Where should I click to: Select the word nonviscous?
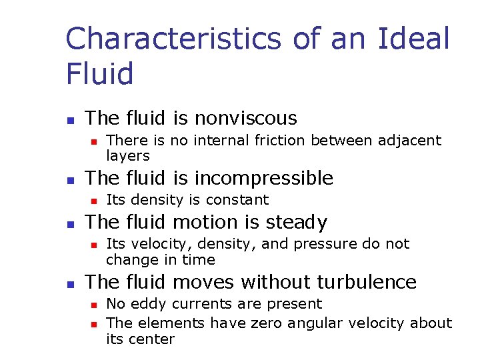[x=245, y=118]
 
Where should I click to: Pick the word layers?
[x=128, y=156]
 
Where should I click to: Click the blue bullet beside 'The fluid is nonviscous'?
[x=70, y=120]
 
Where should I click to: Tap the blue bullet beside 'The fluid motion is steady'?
[x=70, y=224]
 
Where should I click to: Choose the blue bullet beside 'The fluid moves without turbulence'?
[x=70, y=284]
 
